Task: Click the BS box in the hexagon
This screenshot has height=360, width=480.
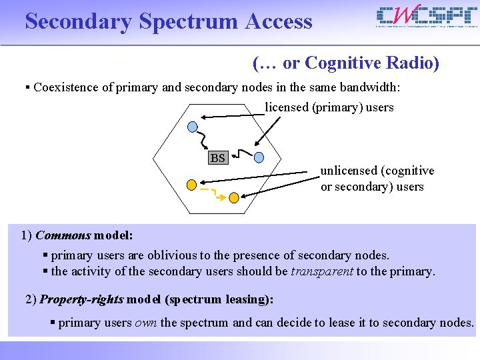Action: (x=217, y=158)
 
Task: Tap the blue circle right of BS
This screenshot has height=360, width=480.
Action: (x=259, y=158)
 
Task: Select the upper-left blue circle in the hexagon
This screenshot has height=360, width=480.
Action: (x=193, y=127)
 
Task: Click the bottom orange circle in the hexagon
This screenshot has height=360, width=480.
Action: (x=234, y=197)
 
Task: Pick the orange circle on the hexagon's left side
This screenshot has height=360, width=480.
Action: (x=191, y=183)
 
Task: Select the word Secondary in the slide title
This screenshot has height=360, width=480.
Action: (x=79, y=21)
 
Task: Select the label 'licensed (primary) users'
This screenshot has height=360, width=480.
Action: (x=329, y=107)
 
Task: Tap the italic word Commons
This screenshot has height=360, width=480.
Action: (x=63, y=235)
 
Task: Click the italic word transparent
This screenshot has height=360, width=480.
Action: (x=322, y=271)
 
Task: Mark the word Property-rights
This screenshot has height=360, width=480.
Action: (x=81, y=299)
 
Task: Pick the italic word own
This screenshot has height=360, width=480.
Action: (x=146, y=323)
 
